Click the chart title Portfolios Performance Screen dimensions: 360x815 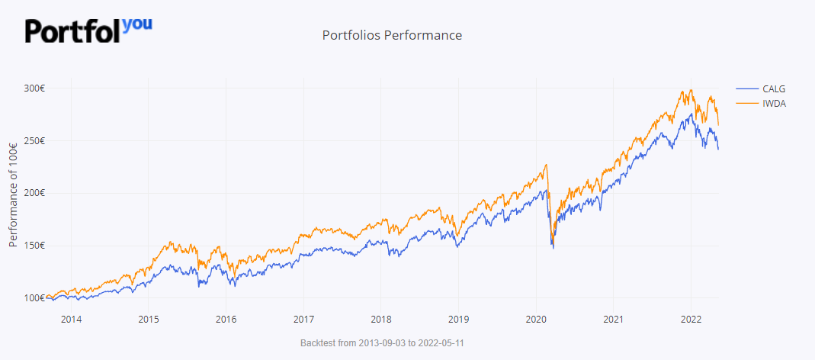click(392, 35)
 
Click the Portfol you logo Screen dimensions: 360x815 click(88, 30)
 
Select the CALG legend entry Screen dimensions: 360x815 click(773, 88)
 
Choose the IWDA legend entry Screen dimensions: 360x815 click(774, 103)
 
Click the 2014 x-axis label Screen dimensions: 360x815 click(71, 319)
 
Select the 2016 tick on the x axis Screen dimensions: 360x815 click(226, 319)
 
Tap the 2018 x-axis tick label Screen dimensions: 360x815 click(380, 319)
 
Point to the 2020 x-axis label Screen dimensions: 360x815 click(536, 319)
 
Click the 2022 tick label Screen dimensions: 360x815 click(691, 319)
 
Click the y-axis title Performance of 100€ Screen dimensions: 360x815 click(13, 194)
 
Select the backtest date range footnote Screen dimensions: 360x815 click(382, 343)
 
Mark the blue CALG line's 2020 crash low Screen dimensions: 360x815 click(553, 248)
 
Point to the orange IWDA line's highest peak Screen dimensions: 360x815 click(691, 90)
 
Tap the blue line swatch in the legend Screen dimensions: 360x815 click(747, 88)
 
